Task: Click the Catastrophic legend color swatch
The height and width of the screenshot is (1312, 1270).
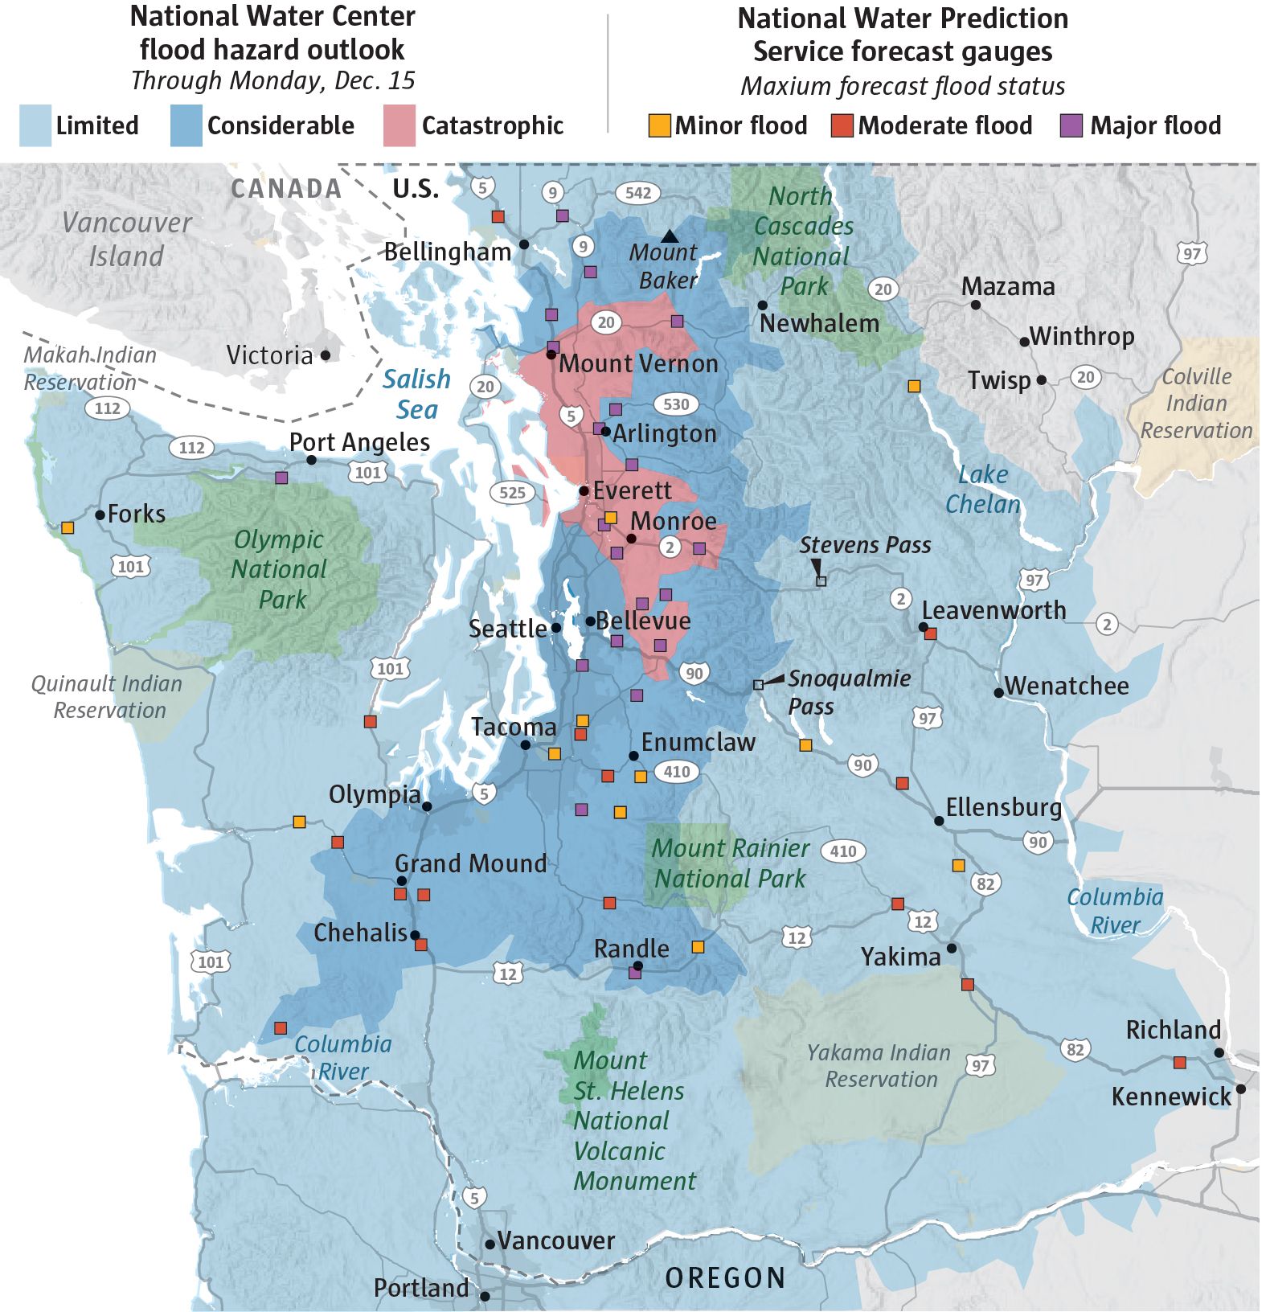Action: [399, 125]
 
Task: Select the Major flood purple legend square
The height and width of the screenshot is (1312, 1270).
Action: [1071, 125]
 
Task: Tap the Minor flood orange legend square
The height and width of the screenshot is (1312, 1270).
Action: [659, 125]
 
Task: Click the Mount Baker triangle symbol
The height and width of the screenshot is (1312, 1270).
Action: [669, 236]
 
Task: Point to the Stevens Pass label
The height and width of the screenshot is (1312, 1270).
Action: [865, 545]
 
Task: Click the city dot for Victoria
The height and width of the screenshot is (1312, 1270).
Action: [326, 355]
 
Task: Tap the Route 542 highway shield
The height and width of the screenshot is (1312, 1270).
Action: [638, 193]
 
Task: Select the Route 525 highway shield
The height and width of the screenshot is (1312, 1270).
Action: [512, 493]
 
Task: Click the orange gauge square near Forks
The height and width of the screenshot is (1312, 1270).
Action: [68, 527]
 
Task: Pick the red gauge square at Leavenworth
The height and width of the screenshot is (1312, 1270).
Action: [931, 634]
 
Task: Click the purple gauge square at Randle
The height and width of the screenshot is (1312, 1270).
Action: [634, 973]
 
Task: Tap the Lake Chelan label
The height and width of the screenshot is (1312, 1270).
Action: [982, 489]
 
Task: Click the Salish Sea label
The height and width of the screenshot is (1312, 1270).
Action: [416, 394]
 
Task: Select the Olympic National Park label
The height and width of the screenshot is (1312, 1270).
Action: [280, 569]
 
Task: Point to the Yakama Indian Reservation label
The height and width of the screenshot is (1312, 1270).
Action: [879, 1065]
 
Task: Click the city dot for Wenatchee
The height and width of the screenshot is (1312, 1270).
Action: [998, 692]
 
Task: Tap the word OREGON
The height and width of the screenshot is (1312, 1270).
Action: [725, 1277]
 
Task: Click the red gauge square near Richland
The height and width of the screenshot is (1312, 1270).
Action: [1179, 1063]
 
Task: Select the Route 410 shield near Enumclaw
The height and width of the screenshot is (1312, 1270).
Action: [677, 772]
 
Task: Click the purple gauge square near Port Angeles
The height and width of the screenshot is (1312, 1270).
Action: [281, 478]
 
